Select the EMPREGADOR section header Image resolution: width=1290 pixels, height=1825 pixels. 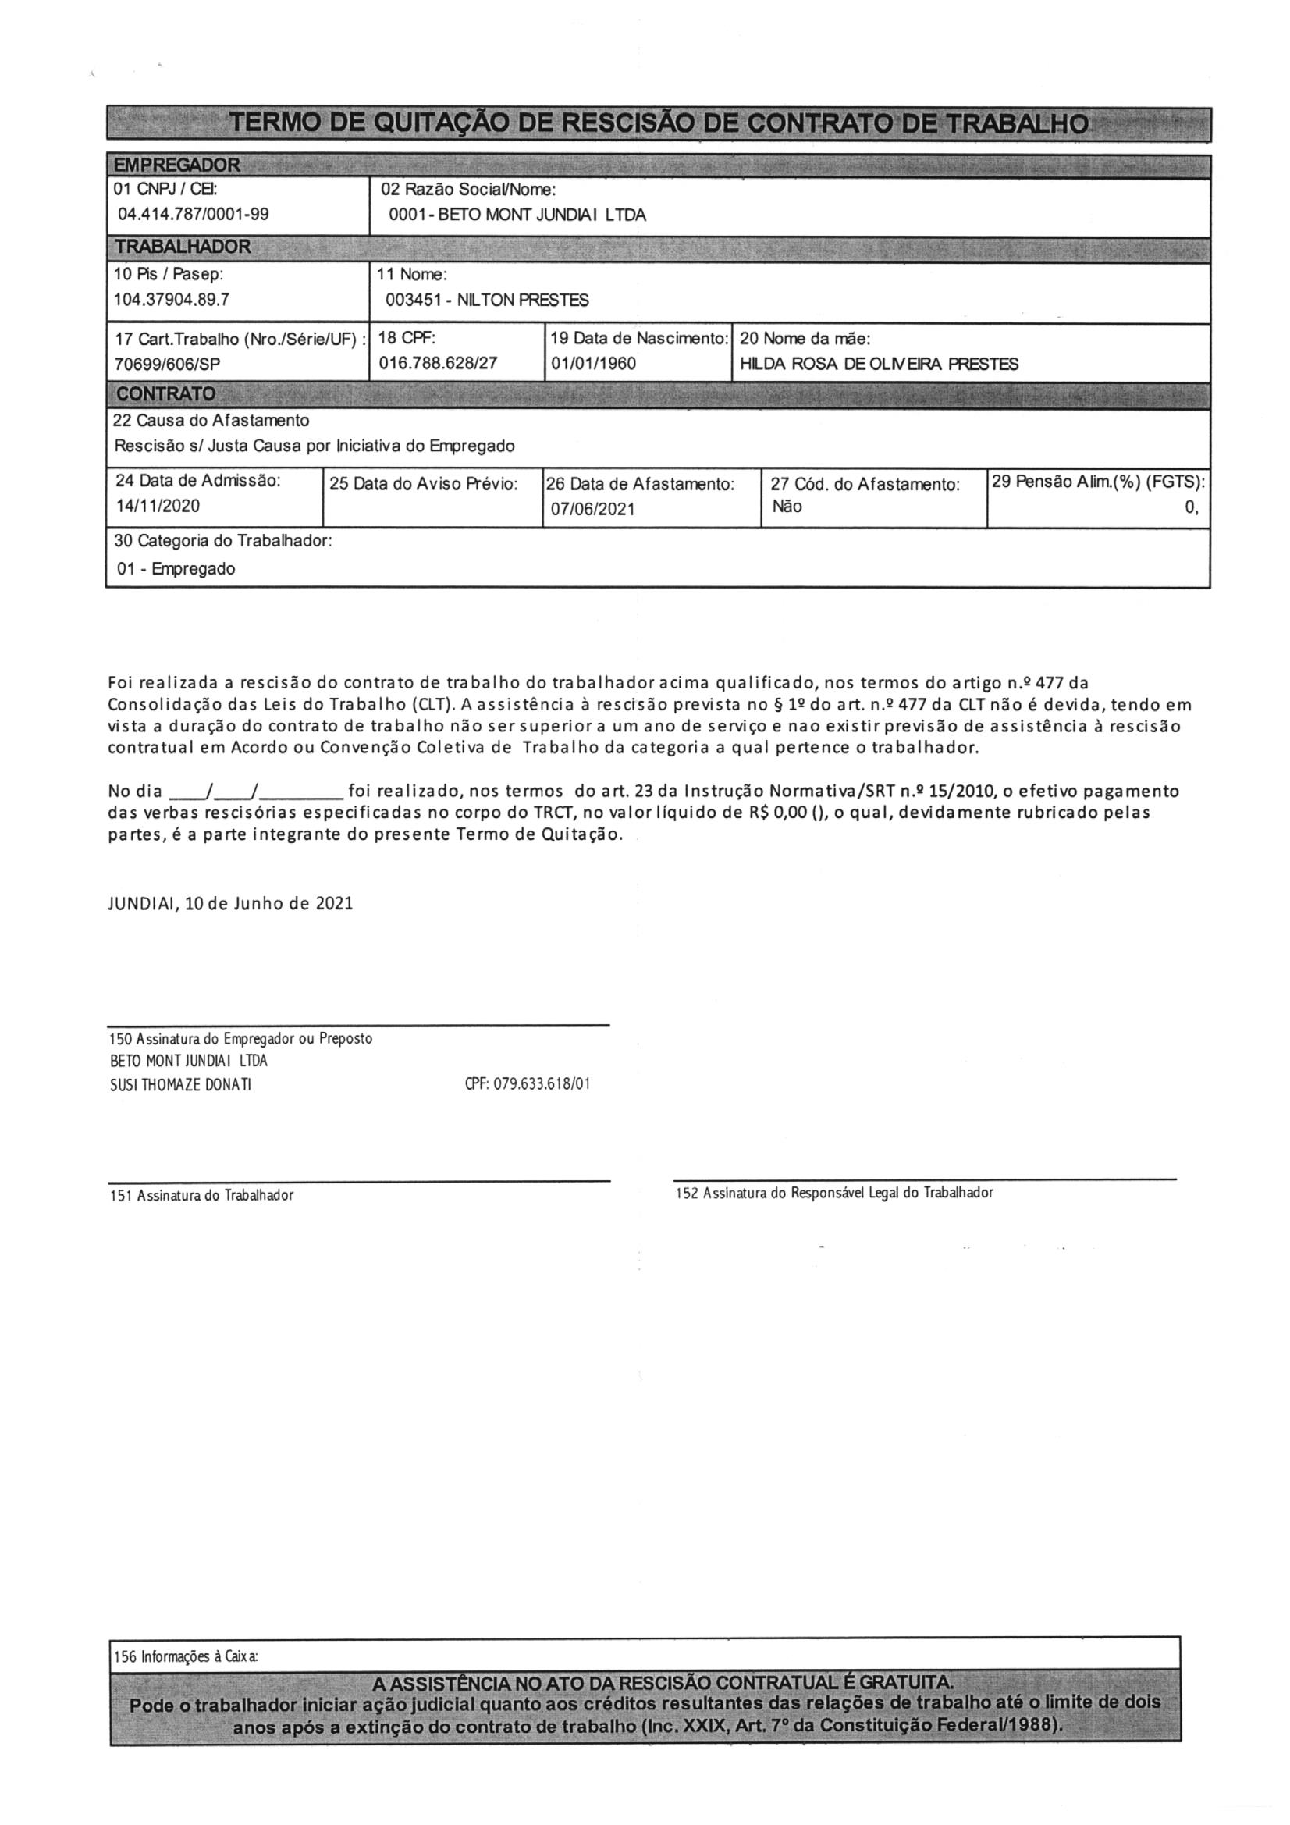point(176,165)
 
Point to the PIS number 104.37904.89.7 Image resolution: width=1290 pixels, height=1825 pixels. point(172,300)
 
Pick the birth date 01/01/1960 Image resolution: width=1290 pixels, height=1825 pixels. point(594,364)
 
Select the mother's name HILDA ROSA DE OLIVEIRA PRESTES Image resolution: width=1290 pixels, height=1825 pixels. point(879,364)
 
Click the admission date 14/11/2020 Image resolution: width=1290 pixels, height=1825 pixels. point(158,506)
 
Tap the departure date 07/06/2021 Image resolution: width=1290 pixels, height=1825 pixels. point(593,509)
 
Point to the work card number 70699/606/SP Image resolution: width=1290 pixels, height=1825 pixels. point(168,364)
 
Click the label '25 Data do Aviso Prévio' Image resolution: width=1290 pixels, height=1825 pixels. point(424,483)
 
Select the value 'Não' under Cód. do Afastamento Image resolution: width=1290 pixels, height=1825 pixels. point(787,507)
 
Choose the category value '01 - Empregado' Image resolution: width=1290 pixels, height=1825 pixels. point(176,568)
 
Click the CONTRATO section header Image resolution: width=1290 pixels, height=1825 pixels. point(165,394)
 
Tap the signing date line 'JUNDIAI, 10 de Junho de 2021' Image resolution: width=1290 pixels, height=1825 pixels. point(230,904)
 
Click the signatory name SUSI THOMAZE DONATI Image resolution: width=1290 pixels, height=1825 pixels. point(180,1084)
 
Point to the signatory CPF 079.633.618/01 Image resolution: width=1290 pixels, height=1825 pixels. point(527,1083)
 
